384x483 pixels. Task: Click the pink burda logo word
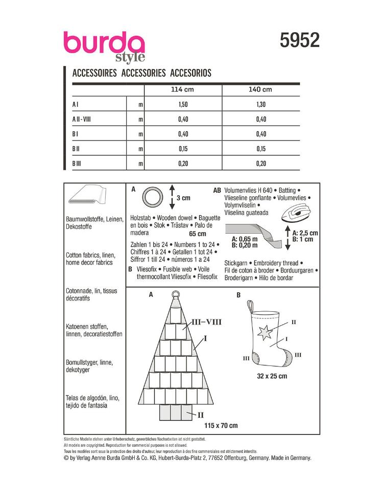pos(103,43)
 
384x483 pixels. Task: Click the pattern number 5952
pos(299,40)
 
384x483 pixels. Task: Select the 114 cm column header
pos(182,89)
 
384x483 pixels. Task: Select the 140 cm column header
pos(260,89)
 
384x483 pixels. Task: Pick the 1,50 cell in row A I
pos(182,104)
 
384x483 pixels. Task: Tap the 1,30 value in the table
pos(260,104)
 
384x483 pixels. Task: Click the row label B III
pos(77,164)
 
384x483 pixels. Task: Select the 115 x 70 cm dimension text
pos(221,425)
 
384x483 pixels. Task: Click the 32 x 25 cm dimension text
pos(271,376)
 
